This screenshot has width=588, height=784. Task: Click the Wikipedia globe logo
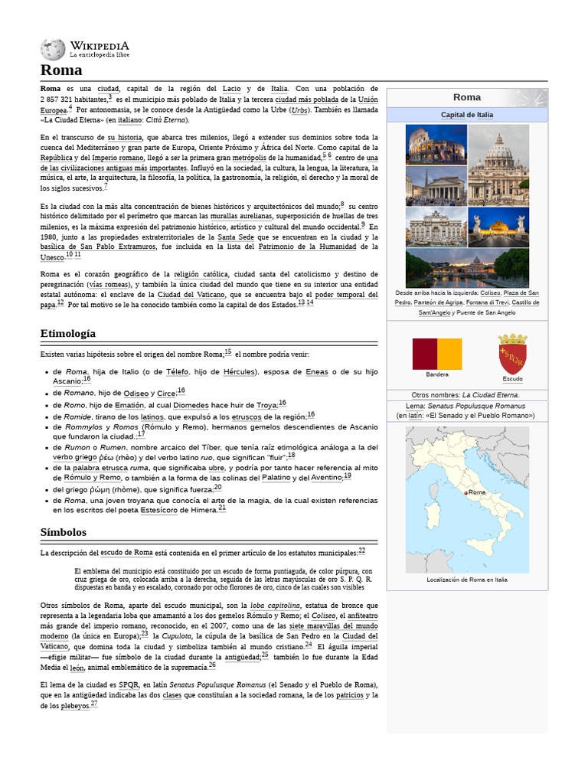pyautogui.click(x=53, y=50)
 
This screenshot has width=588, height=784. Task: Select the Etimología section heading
pyautogui.click(x=68, y=333)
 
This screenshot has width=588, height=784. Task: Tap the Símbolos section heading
pyautogui.click(x=64, y=531)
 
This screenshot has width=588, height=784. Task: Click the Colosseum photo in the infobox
pyautogui.click(x=436, y=145)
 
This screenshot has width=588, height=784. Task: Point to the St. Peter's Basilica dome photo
pyautogui.click(x=498, y=165)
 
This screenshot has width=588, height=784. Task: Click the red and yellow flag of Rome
pyautogui.click(x=437, y=354)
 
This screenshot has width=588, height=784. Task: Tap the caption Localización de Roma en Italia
pyautogui.click(x=467, y=580)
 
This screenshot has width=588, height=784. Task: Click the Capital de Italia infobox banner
pyautogui.click(x=467, y=115)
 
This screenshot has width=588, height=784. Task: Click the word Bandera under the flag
pyautogui.click(x=437, y=374)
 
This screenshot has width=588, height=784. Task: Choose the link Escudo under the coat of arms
pyautogui.click(x=512, y=379)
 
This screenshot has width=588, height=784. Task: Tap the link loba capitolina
pyautogui.click(x=275, y=606)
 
